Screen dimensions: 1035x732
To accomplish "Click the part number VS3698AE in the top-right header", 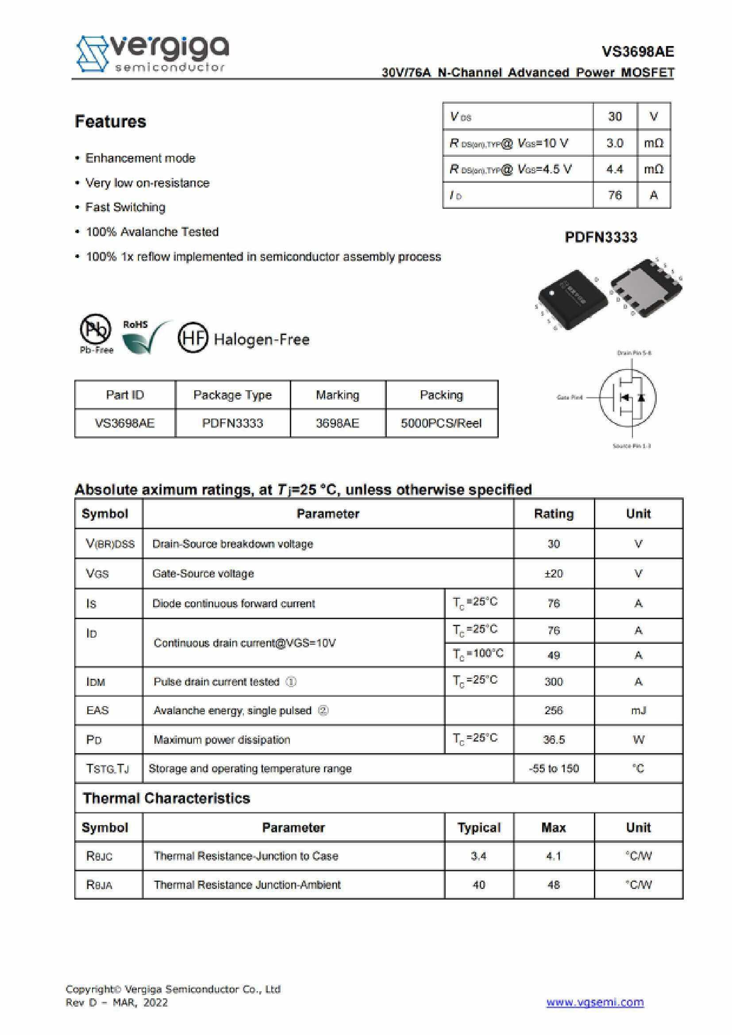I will tap(637, 52).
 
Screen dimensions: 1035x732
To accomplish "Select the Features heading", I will tap(111, 122).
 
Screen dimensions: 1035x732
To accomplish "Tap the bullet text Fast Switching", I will tap(125, 208).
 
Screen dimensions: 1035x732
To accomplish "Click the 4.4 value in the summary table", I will tap(614, 169).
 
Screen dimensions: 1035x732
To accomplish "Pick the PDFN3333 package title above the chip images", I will tap(601, 238).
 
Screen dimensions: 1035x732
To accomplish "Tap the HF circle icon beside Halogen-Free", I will tap(193, 339).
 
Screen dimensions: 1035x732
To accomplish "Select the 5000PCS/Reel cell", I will tap(441, 423).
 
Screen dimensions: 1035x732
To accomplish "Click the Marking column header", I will tap(338, 395).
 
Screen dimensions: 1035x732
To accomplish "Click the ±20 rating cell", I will tap(554, 573).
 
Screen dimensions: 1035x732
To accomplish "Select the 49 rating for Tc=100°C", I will tap(554, 655).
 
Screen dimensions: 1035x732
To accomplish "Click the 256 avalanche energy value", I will tap(554, 711).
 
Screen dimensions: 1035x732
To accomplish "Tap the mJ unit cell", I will tap(638, 711).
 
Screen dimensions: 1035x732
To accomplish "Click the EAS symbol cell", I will tap(98, 711).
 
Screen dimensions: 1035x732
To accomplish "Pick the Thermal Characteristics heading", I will tap(166, 798).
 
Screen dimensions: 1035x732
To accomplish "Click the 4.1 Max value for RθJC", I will tap(554, 856).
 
